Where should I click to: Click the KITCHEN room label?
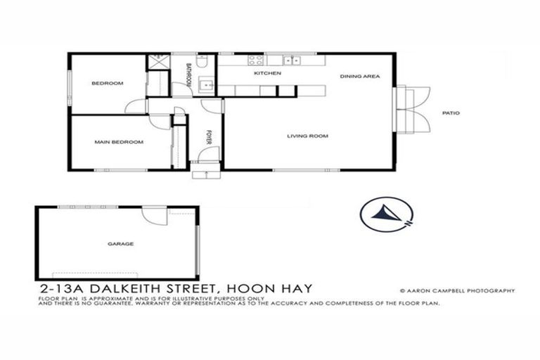[267, 73]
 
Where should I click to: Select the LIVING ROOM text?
[307, 136]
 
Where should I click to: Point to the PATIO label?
[451, 112]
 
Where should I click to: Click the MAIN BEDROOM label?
[119, 142]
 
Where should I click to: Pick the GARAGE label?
[120, 244]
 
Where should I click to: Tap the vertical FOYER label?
[209, 137]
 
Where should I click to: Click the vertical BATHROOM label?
[188, 75]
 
